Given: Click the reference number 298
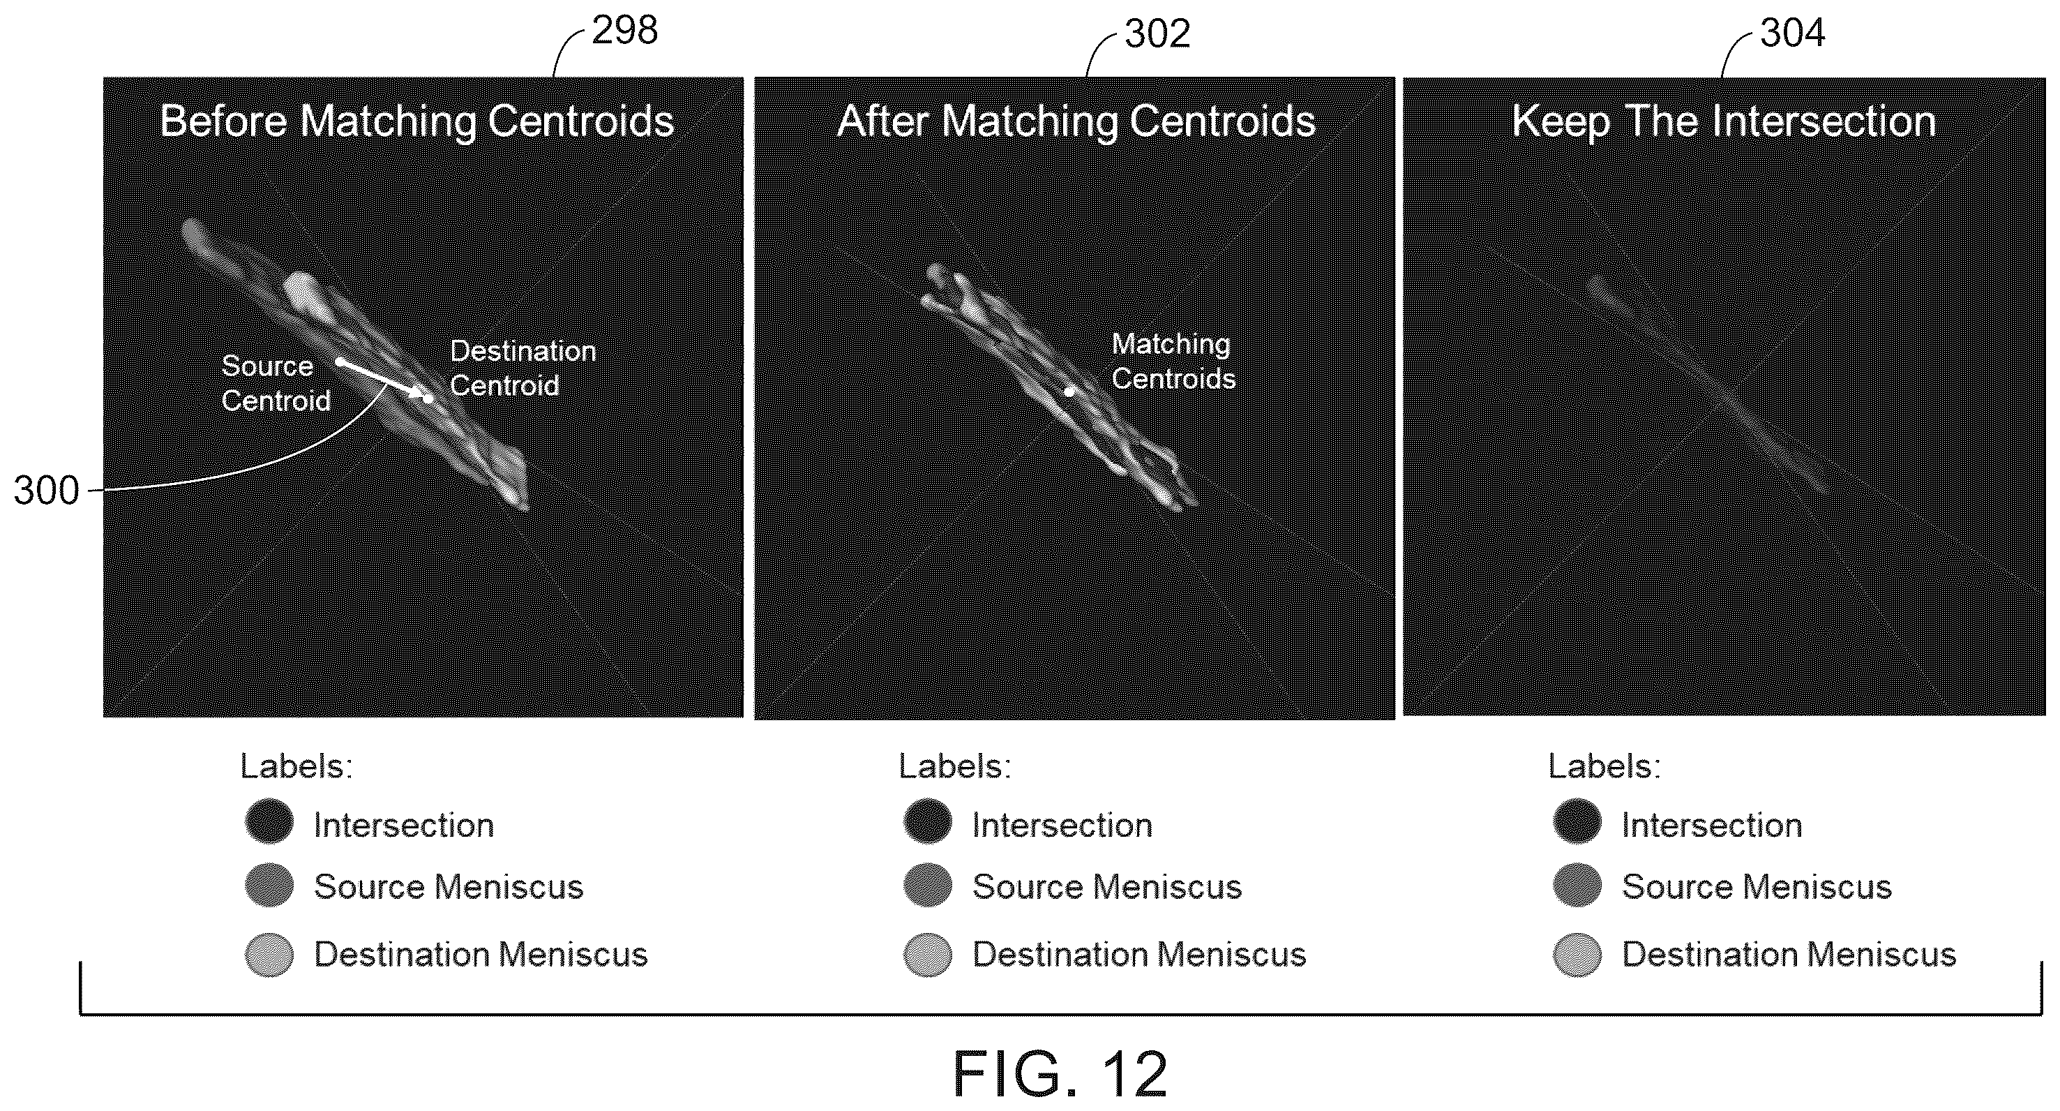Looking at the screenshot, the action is (x=624, y=31).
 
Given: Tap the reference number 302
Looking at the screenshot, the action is (x=1157, y=33).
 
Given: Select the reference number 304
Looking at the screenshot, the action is (x=1793, y=33).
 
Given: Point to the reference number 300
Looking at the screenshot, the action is (x=46, y=491).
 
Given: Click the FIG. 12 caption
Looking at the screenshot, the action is (x=1060, y=1074).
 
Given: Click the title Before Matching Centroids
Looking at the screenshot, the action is (x=416, y=121).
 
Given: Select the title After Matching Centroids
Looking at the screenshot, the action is (x=1076, y=121).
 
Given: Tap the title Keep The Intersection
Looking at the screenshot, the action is (x=1724, y=121).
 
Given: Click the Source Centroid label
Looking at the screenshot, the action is (x=275, y=383).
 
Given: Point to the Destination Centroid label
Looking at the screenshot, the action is (x=523, y=368).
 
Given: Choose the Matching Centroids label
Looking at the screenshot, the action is (x=1173, y=361).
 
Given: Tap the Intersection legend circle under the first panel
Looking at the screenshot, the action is (x=269, y=821).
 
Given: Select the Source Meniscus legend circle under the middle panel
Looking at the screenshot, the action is (x=928, y=886).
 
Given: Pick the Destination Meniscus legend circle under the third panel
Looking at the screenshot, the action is (x=1578, y=954).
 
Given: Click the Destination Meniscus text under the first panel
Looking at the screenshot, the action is (x=481, y=954).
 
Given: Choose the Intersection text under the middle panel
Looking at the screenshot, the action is (x=1062, y=826).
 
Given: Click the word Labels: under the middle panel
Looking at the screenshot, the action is (x=955, y=766).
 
